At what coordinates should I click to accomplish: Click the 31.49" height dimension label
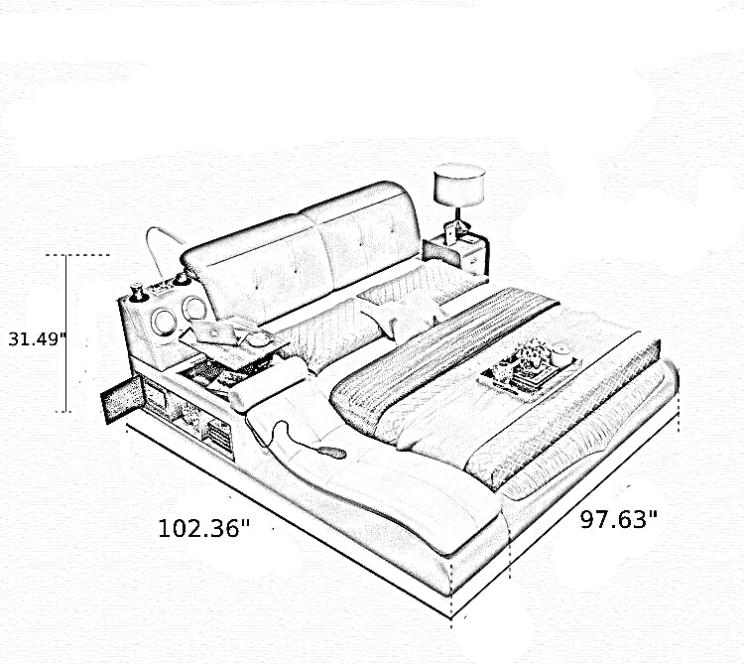(37, 338)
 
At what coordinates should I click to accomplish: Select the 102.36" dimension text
(204, 528)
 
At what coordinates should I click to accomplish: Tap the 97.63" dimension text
(619, 519)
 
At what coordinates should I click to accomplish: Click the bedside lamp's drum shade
(459, 185)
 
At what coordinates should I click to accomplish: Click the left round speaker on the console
(164, 322)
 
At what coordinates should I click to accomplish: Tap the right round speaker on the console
(193, 308)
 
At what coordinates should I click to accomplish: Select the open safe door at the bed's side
(121, 399)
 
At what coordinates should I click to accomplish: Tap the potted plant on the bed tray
(530, 357)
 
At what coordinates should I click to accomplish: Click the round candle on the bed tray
(562, 354)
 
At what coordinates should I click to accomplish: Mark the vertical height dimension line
(65, 333)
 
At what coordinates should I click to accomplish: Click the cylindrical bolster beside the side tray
(268, 383)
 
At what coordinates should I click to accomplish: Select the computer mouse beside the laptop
(259, 338)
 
